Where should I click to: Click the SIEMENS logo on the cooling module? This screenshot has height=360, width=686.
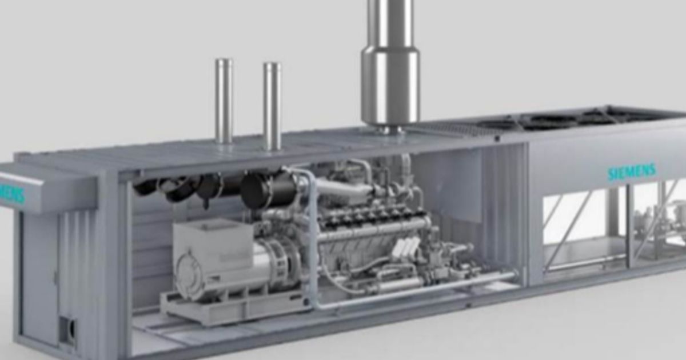pyautogui.click(x=632, y=171)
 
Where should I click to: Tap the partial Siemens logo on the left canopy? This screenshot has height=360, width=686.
pyautogui.click(x=13, y=195)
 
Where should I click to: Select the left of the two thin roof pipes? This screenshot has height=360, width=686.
pyautogui.click(x=224, y=100)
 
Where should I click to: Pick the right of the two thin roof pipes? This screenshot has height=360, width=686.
pyautogui.click(x=272, y=106)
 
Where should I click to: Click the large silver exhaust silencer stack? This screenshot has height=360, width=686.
pyautogui.click(x=390, y=63)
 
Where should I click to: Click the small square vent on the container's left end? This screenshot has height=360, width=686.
pyautogui.click(x=67, y=331)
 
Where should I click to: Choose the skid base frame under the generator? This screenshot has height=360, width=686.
pyautogui.click(x=229, y=311)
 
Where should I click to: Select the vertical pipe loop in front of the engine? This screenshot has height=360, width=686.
pyautogui.click(x=312, y=240)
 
